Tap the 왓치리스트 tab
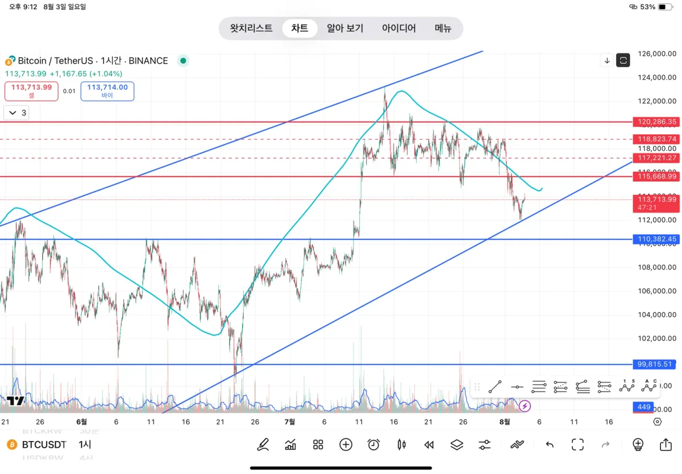pos(251,28)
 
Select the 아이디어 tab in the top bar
pos(399,28)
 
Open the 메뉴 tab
pos(443,28)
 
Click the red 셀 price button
pos(31,91)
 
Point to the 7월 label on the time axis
pos(289,422)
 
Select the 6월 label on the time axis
pos(81,422)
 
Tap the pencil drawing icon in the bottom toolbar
pos(263,444)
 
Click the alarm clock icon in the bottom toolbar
pos(373,444)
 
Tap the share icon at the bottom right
pos(666,444)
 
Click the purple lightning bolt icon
pos(525,406)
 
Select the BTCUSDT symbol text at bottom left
pos(44,444)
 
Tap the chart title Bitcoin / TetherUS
pos(93,61)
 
